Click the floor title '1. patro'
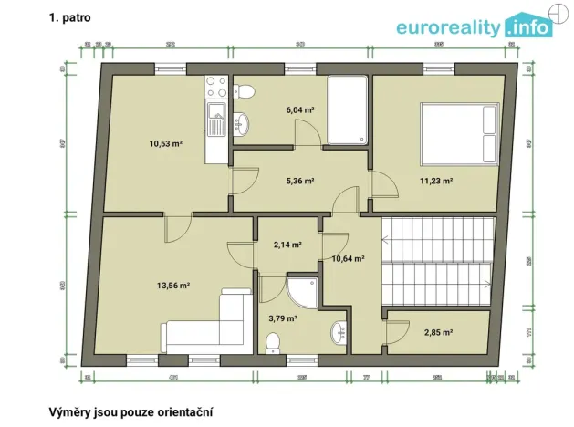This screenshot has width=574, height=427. [70, 17]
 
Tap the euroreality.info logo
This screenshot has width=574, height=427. [474, 26]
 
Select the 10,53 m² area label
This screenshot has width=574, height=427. [166, 143]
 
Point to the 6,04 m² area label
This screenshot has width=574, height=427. [300, 109]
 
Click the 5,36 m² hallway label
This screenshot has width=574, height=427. [300, 181]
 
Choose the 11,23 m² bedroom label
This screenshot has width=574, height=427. [436, 181]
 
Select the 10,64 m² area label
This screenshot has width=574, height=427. [347, 258]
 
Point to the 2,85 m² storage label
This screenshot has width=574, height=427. [439, 333]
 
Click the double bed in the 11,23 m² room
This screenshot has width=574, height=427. [459, 133]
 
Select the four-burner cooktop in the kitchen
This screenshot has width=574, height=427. [216, 88]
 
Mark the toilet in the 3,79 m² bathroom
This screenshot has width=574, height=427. [272, 342]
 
